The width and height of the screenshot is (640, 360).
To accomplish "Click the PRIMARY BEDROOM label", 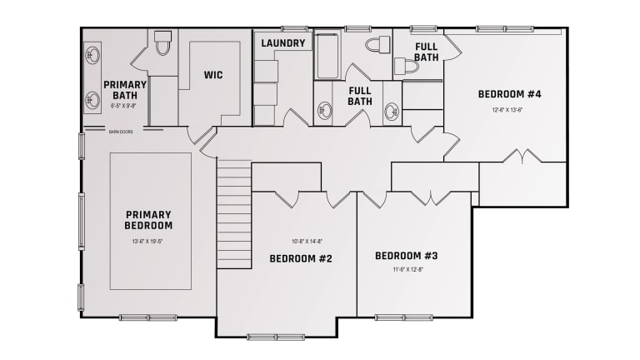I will coord(149,219).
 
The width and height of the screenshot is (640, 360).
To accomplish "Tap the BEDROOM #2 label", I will coord(301,258).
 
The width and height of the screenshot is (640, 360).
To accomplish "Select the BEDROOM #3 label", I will coord(406,255).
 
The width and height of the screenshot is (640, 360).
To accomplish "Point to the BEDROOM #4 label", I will coord(509,94).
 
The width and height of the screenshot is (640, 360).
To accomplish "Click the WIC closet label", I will coord(213,75).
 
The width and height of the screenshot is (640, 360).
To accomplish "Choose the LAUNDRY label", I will coord(282,43).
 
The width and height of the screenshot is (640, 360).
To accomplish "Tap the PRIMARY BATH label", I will coord(125,89).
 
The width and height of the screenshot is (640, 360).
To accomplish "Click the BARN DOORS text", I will coord(121,131).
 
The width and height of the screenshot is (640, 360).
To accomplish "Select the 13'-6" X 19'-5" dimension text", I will coord(150,242).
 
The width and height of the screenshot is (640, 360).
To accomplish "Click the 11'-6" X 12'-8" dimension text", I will coord(407,269).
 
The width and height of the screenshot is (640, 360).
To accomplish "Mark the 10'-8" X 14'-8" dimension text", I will coord(306,241).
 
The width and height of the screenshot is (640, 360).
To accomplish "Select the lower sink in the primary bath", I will coord(93,101).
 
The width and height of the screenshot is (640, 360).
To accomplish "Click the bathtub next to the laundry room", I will coord(326,55).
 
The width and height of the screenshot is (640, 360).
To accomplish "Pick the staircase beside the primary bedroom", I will coord(234,214).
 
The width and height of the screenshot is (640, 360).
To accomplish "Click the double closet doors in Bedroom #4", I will coord(523,157).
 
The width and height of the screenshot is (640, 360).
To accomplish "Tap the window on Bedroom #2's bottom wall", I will coord(276,337).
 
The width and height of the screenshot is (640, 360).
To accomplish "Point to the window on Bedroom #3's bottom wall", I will coord(403,317).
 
